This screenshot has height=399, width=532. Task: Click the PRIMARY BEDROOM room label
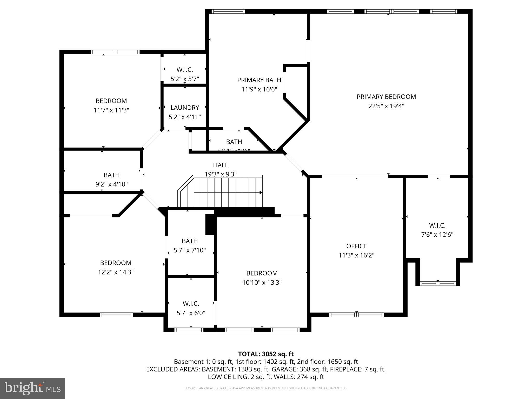tap(386, 97)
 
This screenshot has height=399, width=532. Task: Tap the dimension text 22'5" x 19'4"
tap(386, 106)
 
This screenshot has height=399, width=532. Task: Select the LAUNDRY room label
tap(185, 108)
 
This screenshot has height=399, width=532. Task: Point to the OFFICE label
tap(356, 246)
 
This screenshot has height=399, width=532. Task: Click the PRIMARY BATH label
tap(259, 80)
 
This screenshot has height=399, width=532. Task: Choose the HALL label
tap(221, 165)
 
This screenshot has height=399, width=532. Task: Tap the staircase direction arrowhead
tap(261, 192)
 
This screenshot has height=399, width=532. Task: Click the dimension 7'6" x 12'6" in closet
tap(437, 235)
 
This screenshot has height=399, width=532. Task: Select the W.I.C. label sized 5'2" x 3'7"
tap(185, 70)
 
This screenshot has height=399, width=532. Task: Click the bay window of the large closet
tap(438, 283)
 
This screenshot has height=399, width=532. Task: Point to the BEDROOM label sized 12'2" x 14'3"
tap(116, 263)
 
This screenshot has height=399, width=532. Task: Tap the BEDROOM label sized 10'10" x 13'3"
tap(262, 273)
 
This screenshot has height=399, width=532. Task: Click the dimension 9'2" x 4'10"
tap(111, 184)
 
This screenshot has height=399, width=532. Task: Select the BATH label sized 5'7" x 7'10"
tap(190, 241)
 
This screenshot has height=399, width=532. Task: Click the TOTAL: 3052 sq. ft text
tap(266, 354)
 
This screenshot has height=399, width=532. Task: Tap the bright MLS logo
tap(32, 388)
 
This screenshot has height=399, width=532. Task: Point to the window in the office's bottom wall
tap(356, 315)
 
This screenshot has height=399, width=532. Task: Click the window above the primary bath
tap(228, 11)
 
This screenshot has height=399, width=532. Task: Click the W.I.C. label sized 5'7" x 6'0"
tap(191, 304)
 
